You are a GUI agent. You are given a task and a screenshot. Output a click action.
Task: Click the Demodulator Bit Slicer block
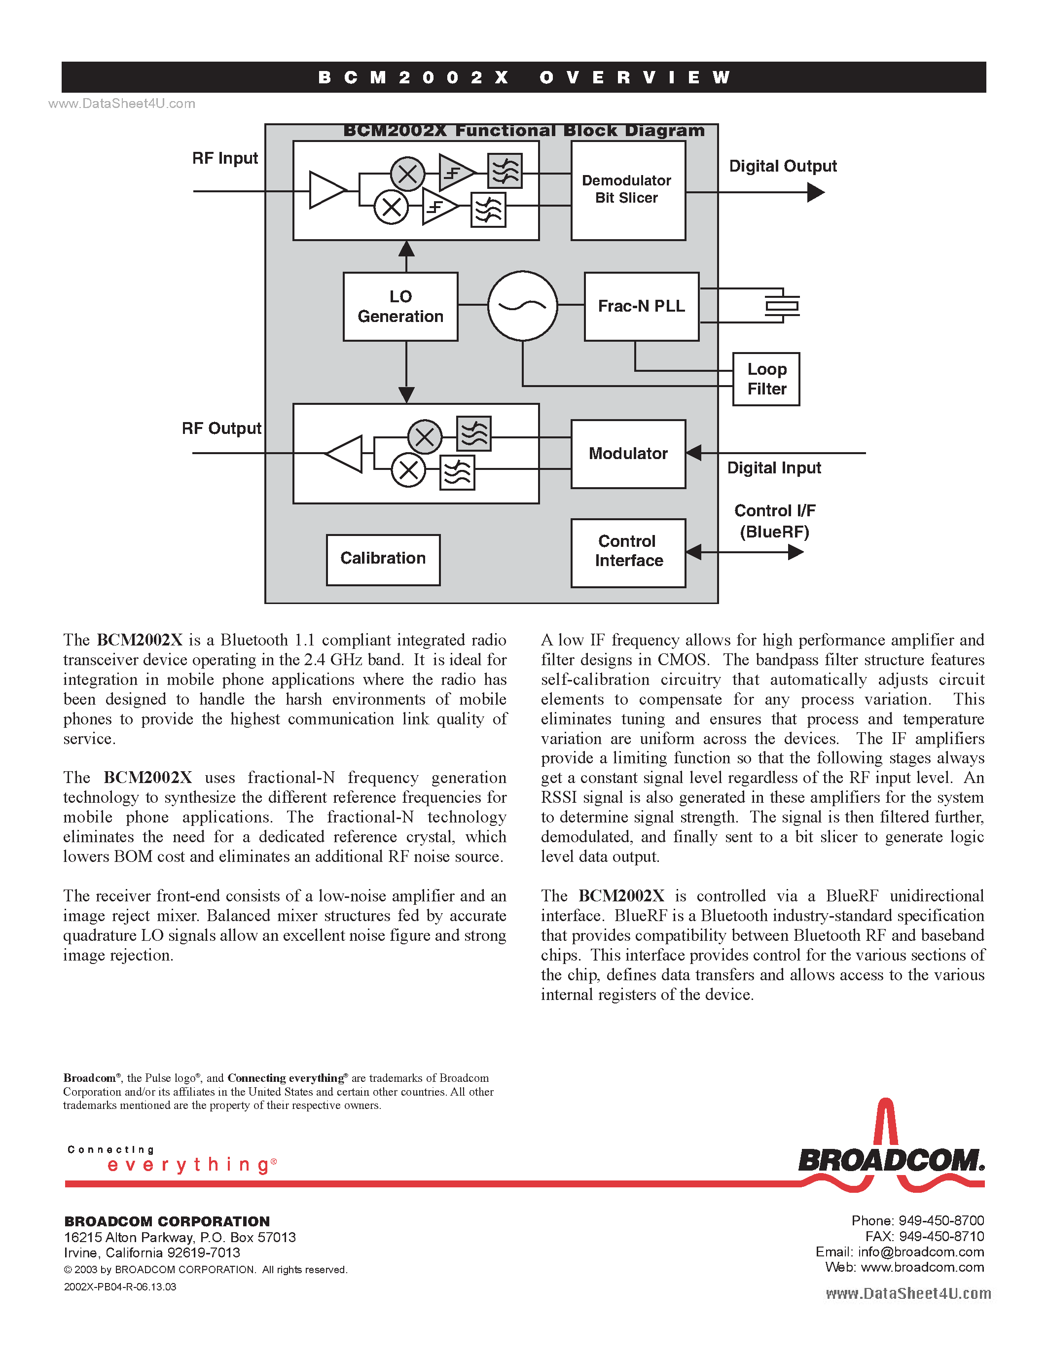(628, 190)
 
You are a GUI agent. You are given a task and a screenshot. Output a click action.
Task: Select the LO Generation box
(400, 307)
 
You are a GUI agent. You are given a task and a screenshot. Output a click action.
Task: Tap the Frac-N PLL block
(641, 307)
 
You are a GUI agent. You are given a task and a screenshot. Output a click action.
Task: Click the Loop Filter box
(766, 379)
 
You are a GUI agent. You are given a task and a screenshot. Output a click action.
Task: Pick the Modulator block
(628, 454)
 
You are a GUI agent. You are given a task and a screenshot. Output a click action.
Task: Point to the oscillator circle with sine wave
(522, 306)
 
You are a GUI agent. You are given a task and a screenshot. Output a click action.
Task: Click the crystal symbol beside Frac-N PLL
(782, 306)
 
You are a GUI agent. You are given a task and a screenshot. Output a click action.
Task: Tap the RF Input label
(225, 158)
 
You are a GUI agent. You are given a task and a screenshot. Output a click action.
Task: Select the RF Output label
(221, 428)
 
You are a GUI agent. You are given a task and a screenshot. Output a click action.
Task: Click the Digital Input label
(774, 468)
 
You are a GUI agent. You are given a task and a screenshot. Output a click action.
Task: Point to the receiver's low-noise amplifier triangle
(326, 190)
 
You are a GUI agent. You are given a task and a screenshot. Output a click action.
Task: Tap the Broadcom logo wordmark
(891, 1160)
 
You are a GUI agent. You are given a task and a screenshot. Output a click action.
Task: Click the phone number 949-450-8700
(941, 1221)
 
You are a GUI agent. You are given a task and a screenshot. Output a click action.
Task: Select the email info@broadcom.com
(921, 1251)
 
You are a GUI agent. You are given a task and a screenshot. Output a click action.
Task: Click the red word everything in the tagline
(189, 1165)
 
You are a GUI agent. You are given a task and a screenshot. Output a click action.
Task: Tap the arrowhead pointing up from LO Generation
(406, 250)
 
